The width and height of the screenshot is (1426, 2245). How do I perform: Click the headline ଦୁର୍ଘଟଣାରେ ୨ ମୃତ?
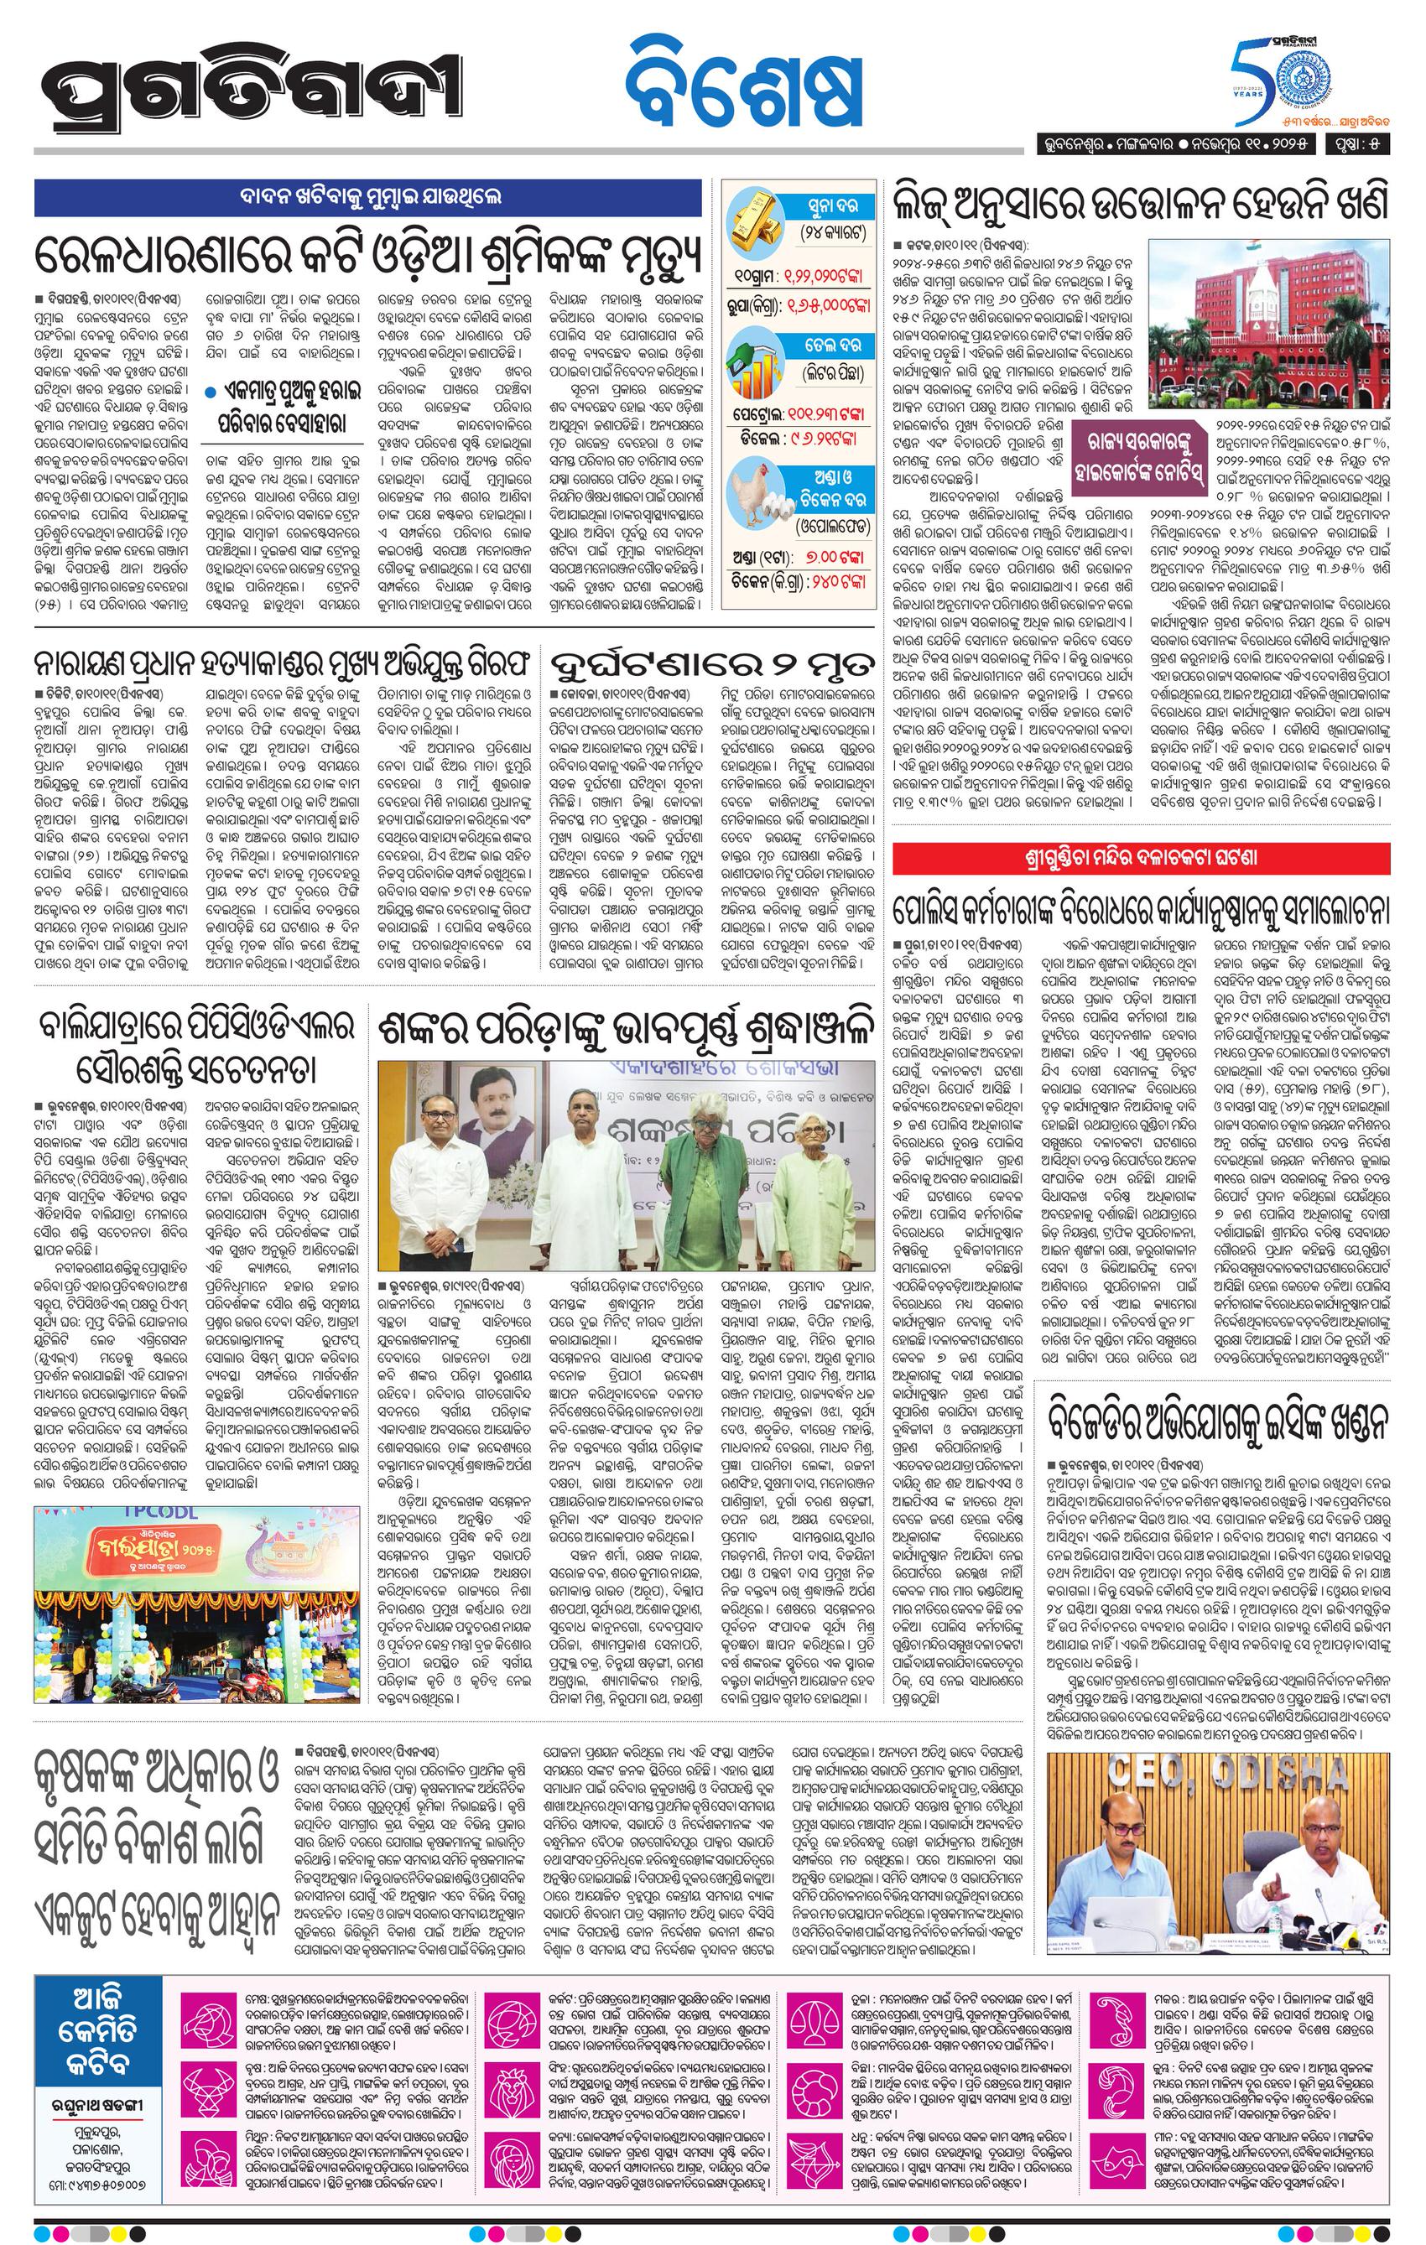point(714,664)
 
